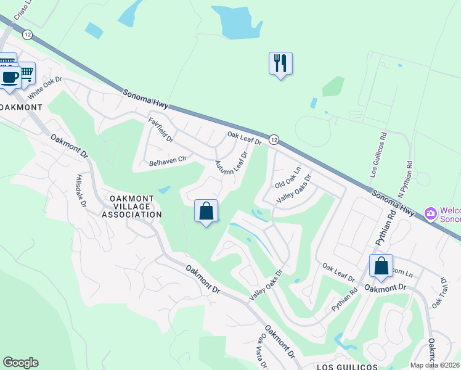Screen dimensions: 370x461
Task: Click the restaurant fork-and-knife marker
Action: [280, 64]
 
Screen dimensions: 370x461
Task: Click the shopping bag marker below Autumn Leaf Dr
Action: [206, 212]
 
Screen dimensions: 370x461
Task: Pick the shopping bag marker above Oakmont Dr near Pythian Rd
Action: [381, 266]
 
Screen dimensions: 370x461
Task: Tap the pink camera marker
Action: [431, 214]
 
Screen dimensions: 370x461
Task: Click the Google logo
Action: [20, 363]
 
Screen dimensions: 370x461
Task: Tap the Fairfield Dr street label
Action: [161, 130]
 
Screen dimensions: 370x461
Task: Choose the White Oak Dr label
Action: [45, 89]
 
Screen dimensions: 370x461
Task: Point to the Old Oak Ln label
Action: [288, 178]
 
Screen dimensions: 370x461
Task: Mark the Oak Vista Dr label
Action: [263, 351]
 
